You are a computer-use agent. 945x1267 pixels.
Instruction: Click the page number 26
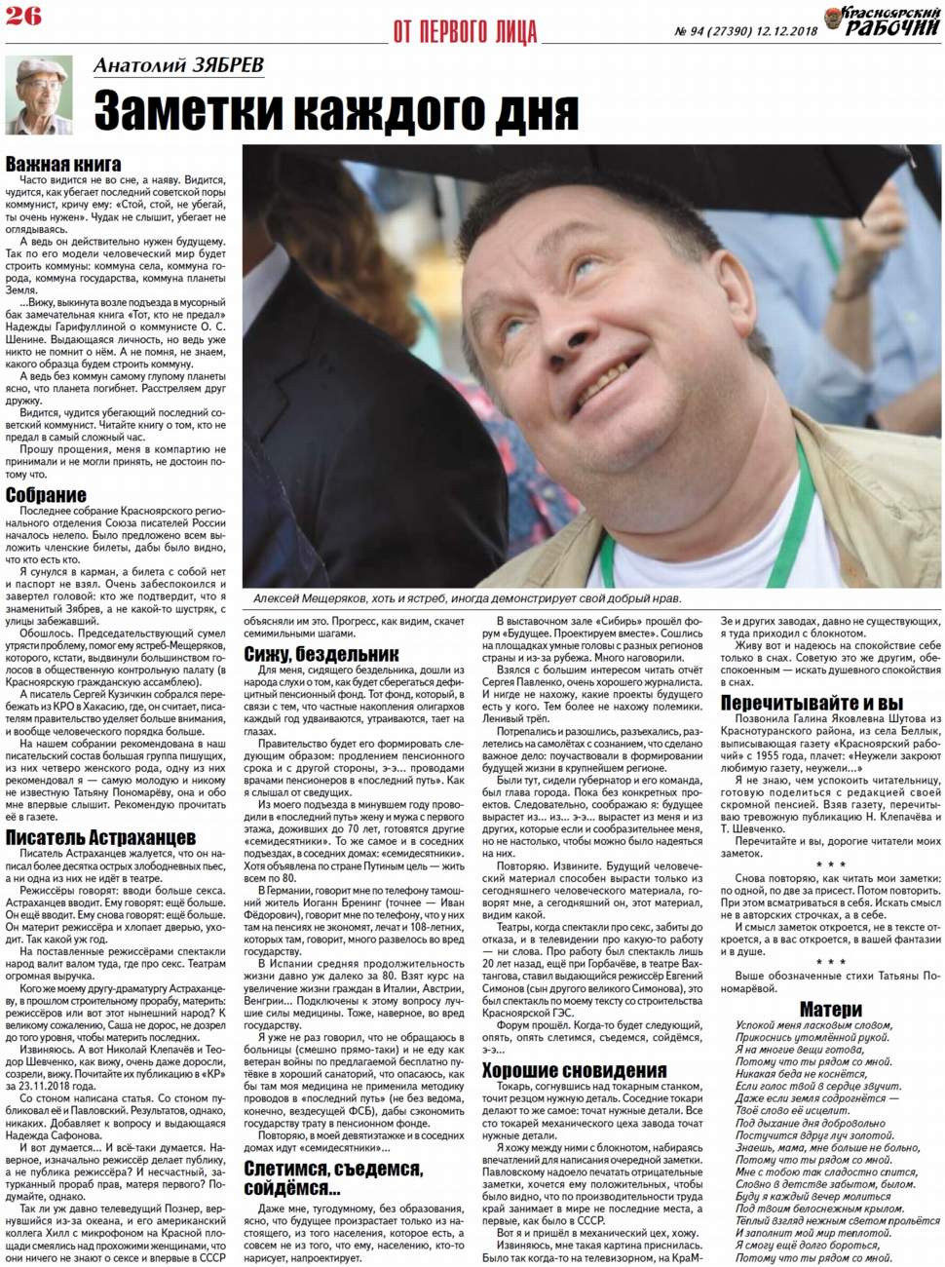(x=23, y=17)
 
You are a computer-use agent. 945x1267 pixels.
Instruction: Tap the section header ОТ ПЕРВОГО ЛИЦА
(x=465, y=31)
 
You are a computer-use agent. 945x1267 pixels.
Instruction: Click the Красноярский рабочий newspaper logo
(x=883, y=21)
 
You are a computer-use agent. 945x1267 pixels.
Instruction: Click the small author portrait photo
(x=40, y=96)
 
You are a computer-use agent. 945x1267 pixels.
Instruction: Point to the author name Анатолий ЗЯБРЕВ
(x=178, y=66)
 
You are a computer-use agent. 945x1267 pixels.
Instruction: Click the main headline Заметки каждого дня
(x=336, y=109)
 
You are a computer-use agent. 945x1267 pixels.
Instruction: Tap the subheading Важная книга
(x=63, y=164)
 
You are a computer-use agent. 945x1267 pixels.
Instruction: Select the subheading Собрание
(x=46, y=495)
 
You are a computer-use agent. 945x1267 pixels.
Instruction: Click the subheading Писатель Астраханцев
(x=100, y=837)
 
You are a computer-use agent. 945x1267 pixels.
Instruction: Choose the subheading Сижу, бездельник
(x=321, y=653)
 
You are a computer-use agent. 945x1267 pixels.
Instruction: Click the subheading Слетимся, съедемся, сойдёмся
(x=334, y=1177)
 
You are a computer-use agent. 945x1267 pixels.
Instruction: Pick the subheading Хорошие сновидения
(x=574, y=1070)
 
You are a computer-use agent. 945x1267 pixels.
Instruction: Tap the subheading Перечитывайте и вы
(x=812, y=703)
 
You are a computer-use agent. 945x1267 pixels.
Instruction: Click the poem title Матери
(x=830, y=1009)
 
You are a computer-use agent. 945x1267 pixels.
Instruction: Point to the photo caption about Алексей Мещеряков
(x=468, y=598)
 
